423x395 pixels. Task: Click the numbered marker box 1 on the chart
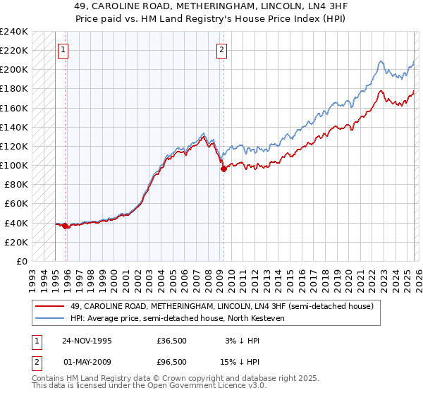point(64,49)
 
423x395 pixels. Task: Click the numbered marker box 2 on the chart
point(222,49)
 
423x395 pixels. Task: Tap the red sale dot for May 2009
point(223,169)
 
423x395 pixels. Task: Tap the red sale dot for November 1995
point(66,226)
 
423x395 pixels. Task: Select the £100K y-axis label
point(14,165)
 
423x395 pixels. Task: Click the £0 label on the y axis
point(21,261)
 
